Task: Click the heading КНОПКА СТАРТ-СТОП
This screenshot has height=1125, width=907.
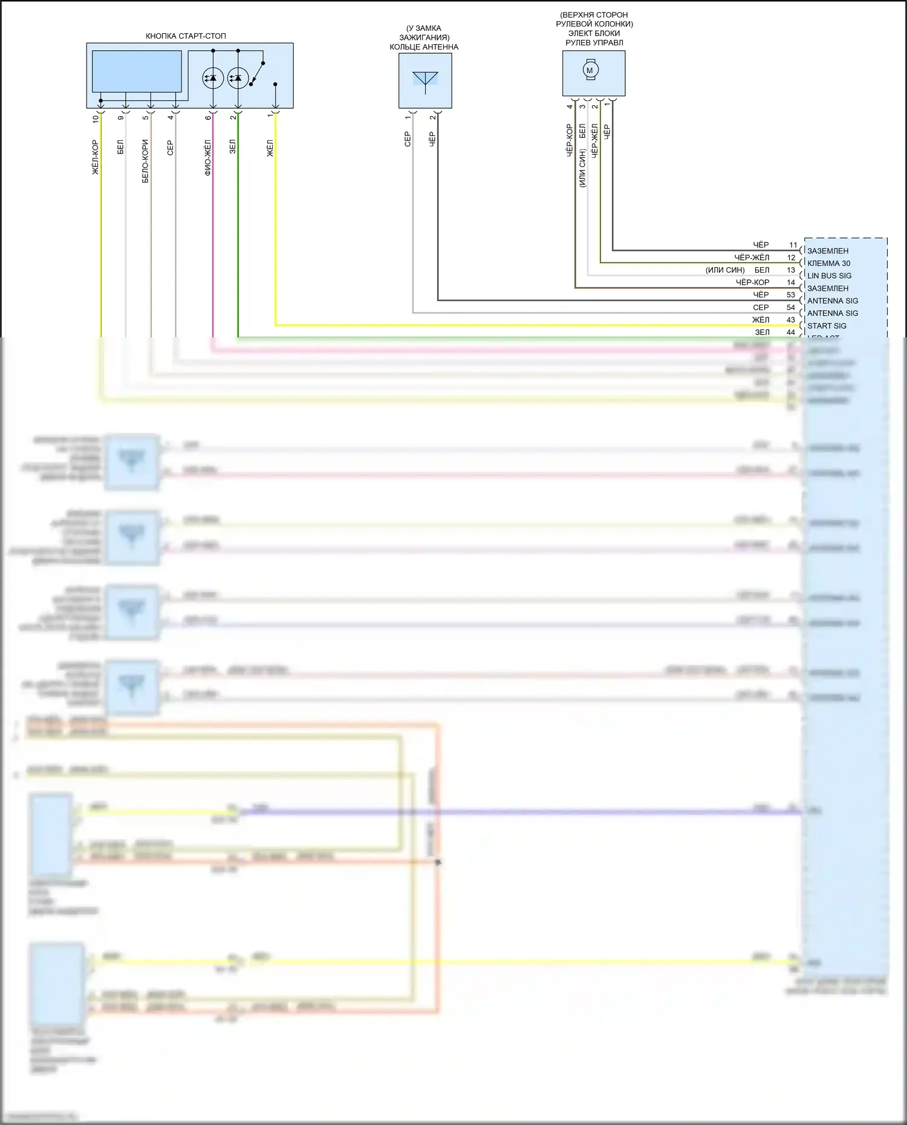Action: pos(186,36)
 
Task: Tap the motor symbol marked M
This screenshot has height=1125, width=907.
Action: pos(590,70)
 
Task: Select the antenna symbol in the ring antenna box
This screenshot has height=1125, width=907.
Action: pos(425,80)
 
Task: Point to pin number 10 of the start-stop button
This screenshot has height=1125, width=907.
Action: pos(96,118)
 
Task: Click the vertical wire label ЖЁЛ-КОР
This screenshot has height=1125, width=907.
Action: pos(96,158)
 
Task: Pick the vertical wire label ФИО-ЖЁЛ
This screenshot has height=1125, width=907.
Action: pos(208,157)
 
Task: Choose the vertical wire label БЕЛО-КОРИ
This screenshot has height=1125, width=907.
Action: pos(146,161)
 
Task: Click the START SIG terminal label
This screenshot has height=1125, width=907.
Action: pos(827,326)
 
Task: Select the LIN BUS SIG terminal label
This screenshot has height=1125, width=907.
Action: pos(829,276)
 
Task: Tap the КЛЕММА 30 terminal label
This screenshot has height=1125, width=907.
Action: pos(828,263)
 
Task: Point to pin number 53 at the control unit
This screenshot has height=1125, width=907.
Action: pos(791,295)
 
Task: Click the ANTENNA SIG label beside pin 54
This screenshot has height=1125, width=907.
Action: pos(833,313)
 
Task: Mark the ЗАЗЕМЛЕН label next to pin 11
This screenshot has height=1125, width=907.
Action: pos(828,251)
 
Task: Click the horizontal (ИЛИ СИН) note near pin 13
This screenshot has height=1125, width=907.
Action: pos(725,270)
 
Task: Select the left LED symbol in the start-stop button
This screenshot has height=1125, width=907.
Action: pos(213,78)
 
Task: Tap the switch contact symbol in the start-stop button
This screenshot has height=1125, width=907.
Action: pos(256,73)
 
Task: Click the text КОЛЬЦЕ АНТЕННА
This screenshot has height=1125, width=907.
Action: pos(424,47)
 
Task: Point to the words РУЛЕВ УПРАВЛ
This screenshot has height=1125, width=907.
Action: pos(594,43)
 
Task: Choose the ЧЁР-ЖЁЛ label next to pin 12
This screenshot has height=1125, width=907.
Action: pos(752,258)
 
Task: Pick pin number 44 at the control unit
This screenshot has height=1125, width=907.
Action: pos(791,332)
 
